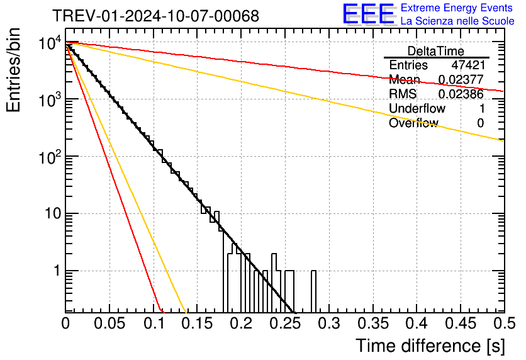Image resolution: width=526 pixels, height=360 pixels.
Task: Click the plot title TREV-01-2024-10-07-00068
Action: [x=156, y=16]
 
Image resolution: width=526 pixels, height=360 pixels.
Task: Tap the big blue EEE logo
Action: [x=369, y=14]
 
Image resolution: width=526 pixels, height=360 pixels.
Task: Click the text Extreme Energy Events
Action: [x=457, y=8]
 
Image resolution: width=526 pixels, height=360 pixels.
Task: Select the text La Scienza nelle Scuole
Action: [x=457, y=21]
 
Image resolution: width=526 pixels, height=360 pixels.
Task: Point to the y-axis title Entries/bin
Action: [x=13, y=70]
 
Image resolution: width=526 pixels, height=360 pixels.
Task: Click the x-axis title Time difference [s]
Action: [x=430, y=346]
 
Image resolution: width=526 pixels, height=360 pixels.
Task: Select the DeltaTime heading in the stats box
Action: [x=436, y=51]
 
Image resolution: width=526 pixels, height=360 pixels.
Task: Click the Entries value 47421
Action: [x=468, y=65]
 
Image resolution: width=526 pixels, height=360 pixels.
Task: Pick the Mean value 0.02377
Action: [x=461, y=79]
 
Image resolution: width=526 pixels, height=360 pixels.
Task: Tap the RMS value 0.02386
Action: [x=461, y=94]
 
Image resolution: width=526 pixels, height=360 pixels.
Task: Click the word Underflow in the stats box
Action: [x=417, y=108]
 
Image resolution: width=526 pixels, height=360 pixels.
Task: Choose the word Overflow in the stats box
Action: [x=413, y=123]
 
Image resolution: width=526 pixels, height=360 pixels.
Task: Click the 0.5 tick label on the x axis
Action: [x=504, y=323]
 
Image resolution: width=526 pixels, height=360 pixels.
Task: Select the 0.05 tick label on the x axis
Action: [x=109, y=323]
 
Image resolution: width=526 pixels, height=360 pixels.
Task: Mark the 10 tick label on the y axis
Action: [x=53, y=213]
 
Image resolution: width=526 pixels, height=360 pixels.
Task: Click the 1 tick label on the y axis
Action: [x=57, y=271]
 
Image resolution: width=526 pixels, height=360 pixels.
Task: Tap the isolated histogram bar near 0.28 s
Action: [x=313, y=291]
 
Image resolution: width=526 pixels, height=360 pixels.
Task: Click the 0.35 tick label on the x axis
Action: [x=373, y=323]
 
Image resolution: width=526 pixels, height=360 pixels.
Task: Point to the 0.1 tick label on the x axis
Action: [x=154, y=323]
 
